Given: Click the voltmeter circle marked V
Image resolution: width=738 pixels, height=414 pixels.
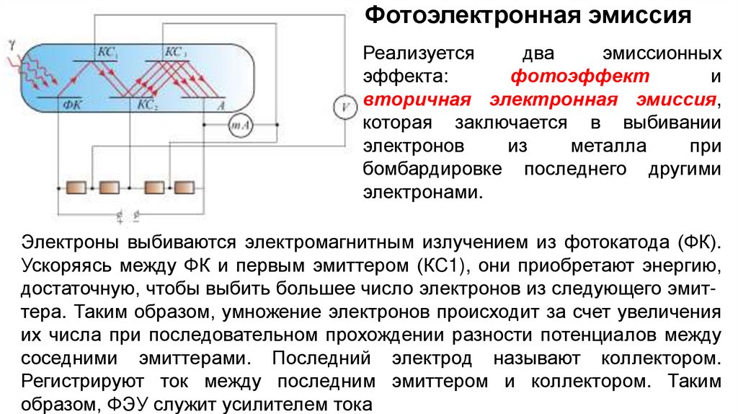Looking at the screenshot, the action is [345, 107].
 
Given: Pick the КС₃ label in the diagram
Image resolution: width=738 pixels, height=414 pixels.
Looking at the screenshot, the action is [176, 52].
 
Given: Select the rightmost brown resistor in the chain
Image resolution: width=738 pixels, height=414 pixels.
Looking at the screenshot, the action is [184, 187].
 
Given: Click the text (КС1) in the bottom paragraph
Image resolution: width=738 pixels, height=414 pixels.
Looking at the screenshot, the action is [437, 265].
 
